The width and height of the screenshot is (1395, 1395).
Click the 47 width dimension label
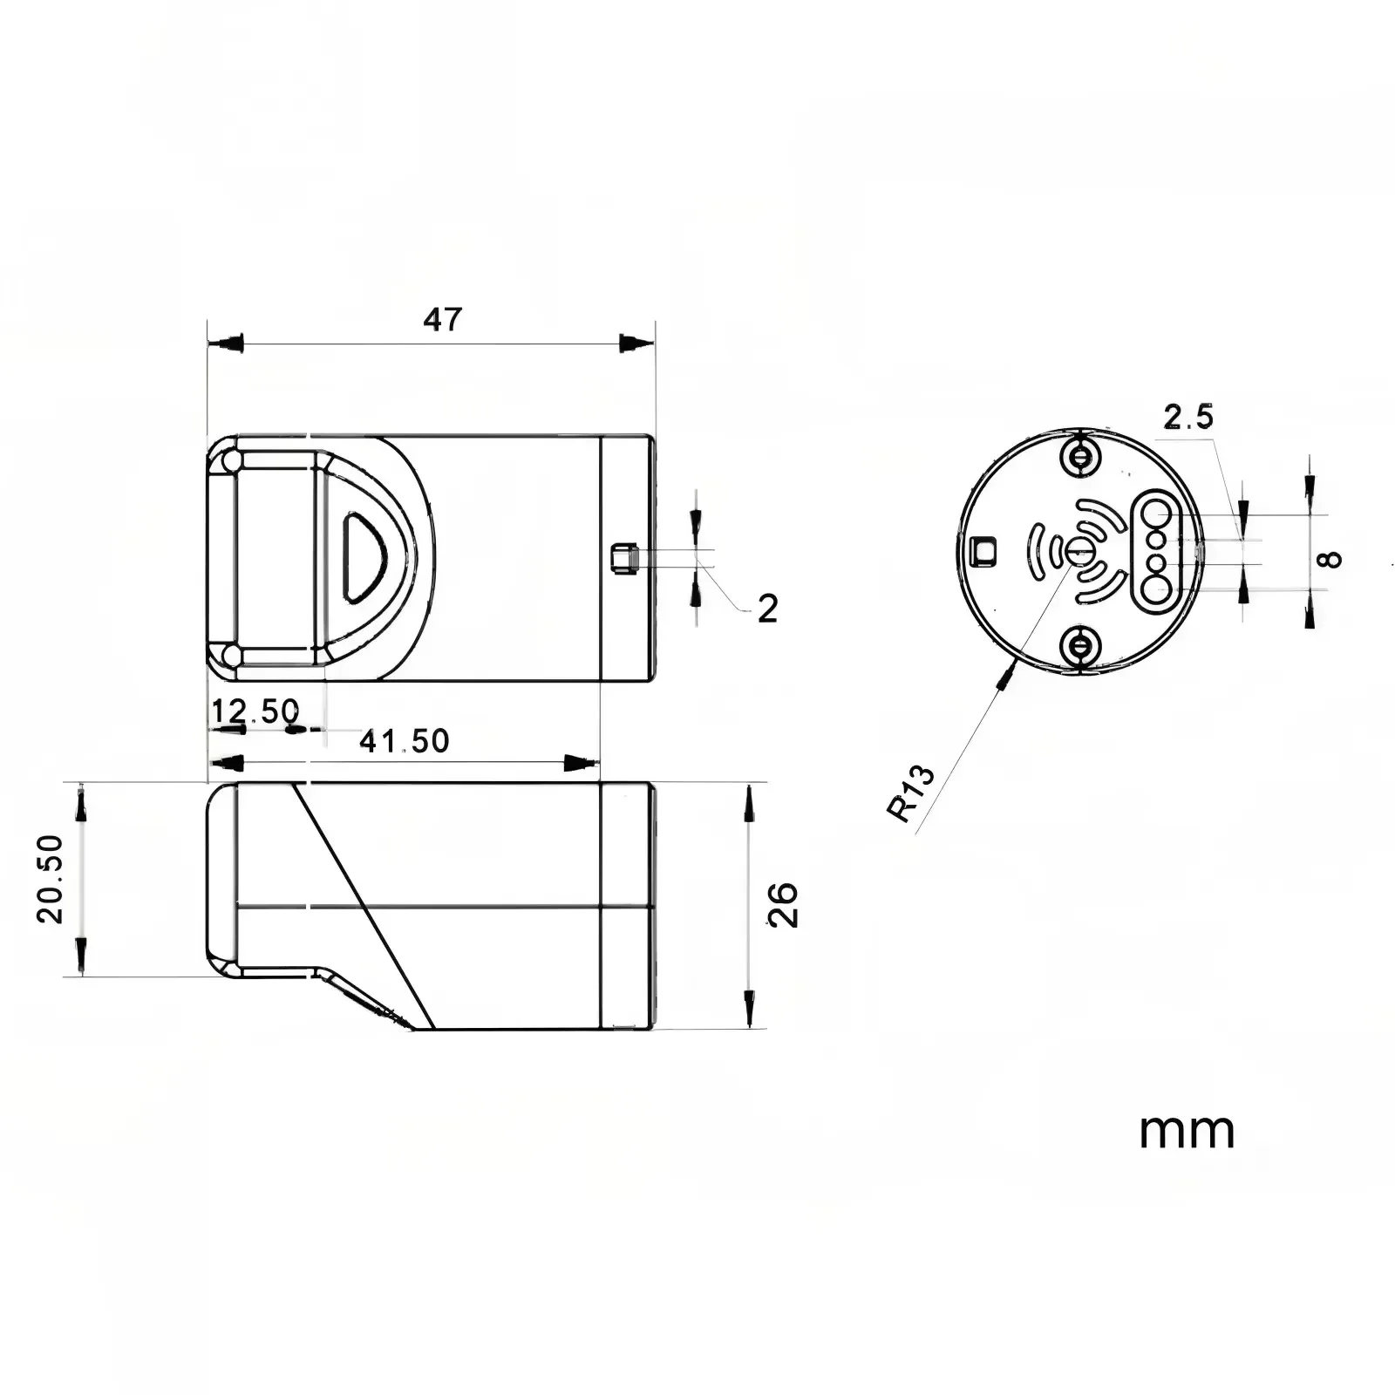coord(442,320)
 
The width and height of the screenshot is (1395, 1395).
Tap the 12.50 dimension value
coord(255,711)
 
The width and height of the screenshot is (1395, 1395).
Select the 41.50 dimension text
coord(405,741)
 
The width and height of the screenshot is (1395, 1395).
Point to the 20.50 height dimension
coord(50,878)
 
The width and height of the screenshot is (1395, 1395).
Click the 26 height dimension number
coord(783,904)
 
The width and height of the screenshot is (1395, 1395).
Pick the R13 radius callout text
coord(911,793)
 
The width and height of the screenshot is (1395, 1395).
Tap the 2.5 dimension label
coord(1188,418)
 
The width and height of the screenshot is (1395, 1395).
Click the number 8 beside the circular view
coord(1330,559)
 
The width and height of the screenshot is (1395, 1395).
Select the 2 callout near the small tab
coord(767,609)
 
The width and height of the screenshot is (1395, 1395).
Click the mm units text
coord(1187,1131)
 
